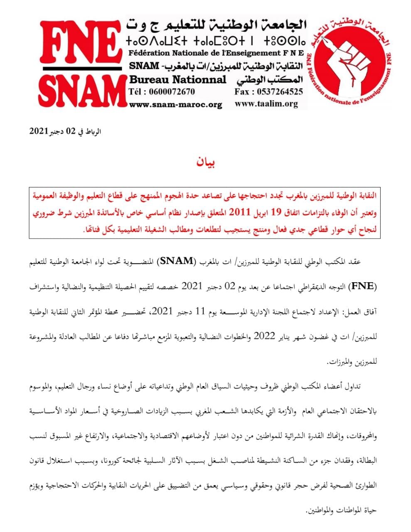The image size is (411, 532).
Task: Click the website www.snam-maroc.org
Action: tap(175, 104)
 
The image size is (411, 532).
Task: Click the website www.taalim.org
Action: tap(266, 104)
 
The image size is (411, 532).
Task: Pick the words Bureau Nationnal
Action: tap(178, 79)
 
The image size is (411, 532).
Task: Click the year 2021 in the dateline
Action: tap(40, 131)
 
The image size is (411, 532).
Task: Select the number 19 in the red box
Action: tap(274, 213)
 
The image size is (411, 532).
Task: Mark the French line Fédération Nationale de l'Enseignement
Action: tap(216, 53)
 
